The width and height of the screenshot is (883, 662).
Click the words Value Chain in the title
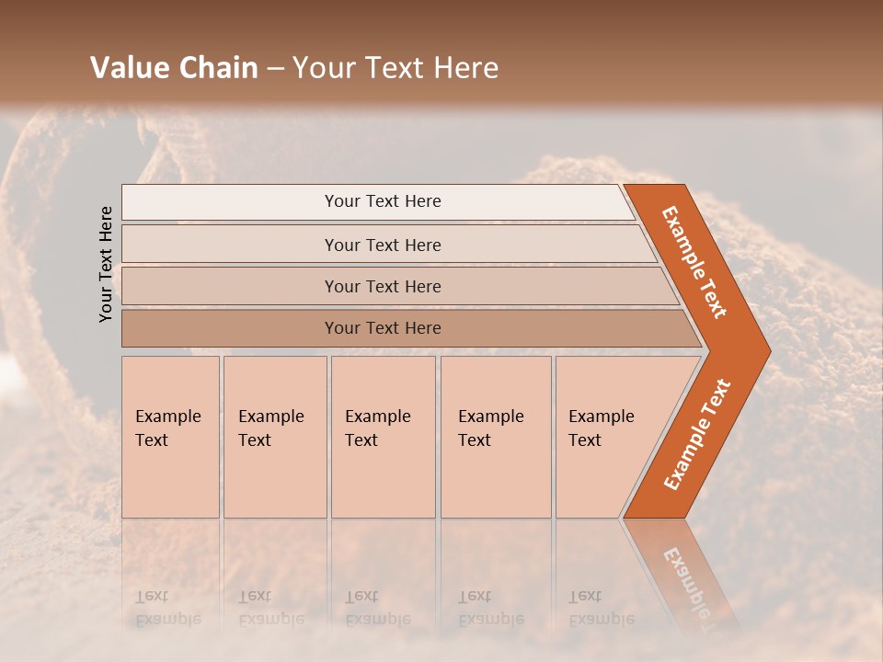[x=174, y=68]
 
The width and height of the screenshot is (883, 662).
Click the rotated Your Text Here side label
[x=107, y=264]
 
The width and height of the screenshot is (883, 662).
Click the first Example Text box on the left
[x=170, y=437]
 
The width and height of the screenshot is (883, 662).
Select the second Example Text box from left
[x=275, y=437]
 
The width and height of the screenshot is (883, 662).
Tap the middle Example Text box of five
[x=383, y=437]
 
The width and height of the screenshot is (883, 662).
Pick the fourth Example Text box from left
[x=496, y=437]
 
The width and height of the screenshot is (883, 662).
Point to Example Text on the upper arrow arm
[x=695, y=262]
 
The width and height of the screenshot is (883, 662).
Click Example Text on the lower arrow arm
[x=697, y=435]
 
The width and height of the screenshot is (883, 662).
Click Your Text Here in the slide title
[x=396, y=68]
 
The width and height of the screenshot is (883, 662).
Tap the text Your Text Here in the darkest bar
[x=383, y=328]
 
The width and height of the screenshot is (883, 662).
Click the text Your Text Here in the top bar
[x=383, y=201]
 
